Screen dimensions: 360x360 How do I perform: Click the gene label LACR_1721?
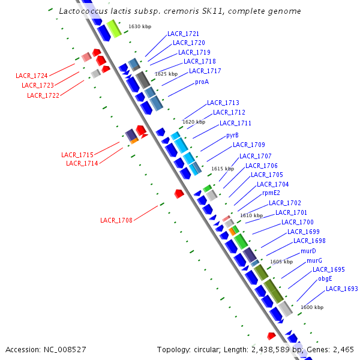pos(183,34)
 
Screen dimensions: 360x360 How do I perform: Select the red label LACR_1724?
pos(32,76)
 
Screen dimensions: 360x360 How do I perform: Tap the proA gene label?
pos(202,82)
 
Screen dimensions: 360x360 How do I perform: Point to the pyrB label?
pos(232,136)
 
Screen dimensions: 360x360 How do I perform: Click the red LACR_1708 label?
pos(116,220)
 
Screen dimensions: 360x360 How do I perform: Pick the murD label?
pos(308,251)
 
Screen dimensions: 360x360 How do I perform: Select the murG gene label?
pos(314,260)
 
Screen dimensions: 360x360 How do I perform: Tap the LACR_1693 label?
pos(341,289)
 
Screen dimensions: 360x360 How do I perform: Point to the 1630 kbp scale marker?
pos(140,27)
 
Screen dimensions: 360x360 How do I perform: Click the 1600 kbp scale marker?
pos(311,307)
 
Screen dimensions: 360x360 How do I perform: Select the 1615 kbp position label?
pos(222,169)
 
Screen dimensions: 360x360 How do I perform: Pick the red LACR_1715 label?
pos(77,155)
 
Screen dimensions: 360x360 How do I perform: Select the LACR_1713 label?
pos(223,103)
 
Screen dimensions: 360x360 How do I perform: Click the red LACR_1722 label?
pos(43,95)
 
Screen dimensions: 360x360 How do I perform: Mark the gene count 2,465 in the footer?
pos(343,349)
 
